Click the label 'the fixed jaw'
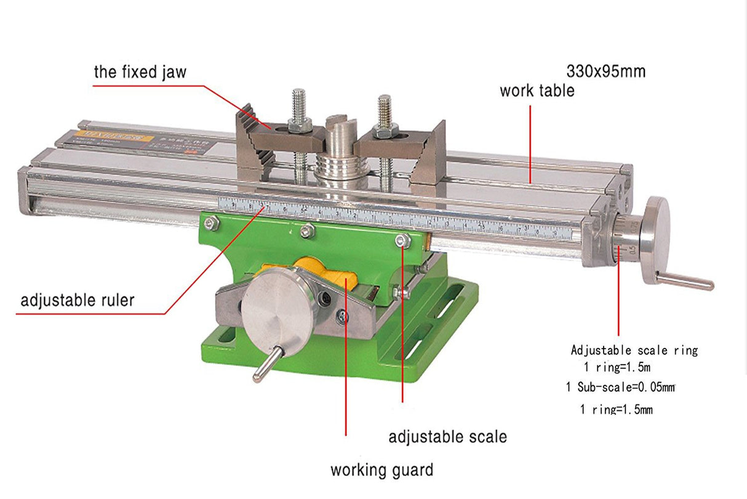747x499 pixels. point(140,72)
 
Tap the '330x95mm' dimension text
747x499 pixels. point(605,71)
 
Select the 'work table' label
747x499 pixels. point(537,91)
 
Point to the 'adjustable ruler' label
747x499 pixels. point(77,301)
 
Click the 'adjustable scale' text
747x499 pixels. point(447,437)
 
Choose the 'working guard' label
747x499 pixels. point(381,471)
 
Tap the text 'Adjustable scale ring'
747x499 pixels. point(634,351)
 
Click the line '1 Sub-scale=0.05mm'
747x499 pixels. point(620,387)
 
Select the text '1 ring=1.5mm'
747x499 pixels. point(616,409)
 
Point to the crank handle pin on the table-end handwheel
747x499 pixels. point(684,281)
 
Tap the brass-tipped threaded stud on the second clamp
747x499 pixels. point(385,110)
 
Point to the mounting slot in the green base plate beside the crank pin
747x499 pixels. point(226,335)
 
